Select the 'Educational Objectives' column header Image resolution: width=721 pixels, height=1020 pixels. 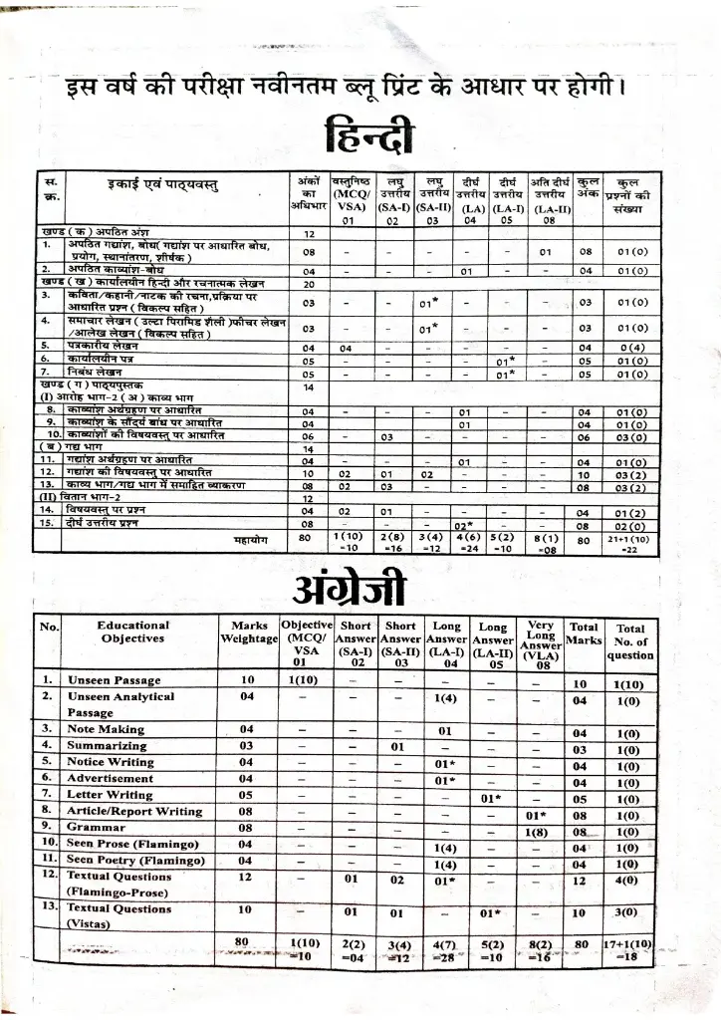[132, 632]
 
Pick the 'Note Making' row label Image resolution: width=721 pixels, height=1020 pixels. [106, 729]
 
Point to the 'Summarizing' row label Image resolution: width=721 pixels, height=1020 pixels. [109, 745]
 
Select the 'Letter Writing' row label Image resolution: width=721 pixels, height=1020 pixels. [110, 795]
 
